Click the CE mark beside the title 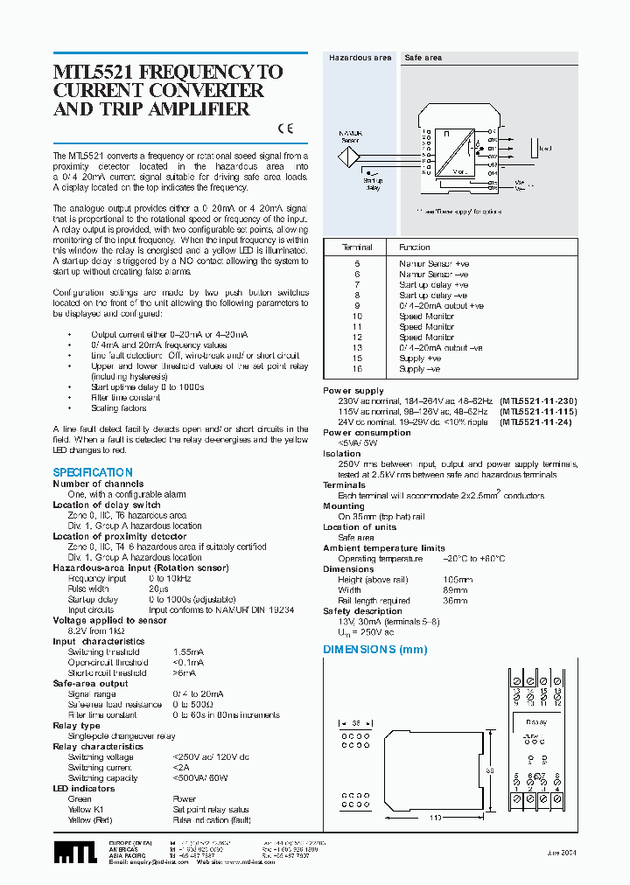285,129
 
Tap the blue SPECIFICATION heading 93,472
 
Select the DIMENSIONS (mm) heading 375,650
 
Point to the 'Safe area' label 423,58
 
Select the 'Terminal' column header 357,247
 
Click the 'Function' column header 415,247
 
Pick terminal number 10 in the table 357,316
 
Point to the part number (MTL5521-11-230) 539,401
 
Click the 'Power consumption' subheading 367,432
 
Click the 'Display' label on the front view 536,722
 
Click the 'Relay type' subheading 76,726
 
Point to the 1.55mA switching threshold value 188,652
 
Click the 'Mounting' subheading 344,505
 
